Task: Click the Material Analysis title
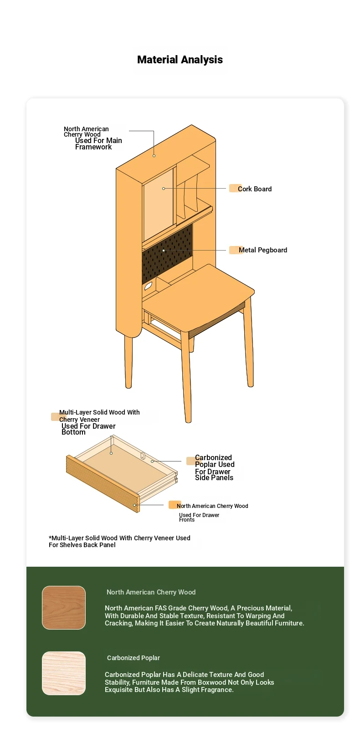pos(180,60)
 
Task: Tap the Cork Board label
pos(254,189)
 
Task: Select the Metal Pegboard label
pos(263,250)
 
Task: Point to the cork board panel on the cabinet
pos(158,204)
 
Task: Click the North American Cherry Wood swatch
pos(64,608)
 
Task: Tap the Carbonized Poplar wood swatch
pos(64,673)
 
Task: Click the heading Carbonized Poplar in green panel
pos(133,658)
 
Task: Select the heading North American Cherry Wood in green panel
pos(151,592)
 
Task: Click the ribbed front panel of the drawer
pos(103,484)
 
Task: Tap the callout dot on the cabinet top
pos(154,155)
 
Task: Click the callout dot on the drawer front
pos(134,505)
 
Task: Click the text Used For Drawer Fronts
pos(199,517)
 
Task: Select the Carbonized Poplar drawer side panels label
pos(214,467)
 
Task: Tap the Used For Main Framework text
pos(98,143)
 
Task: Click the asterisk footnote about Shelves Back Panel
pos(119,541)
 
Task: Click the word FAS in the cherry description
pos(161,608)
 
